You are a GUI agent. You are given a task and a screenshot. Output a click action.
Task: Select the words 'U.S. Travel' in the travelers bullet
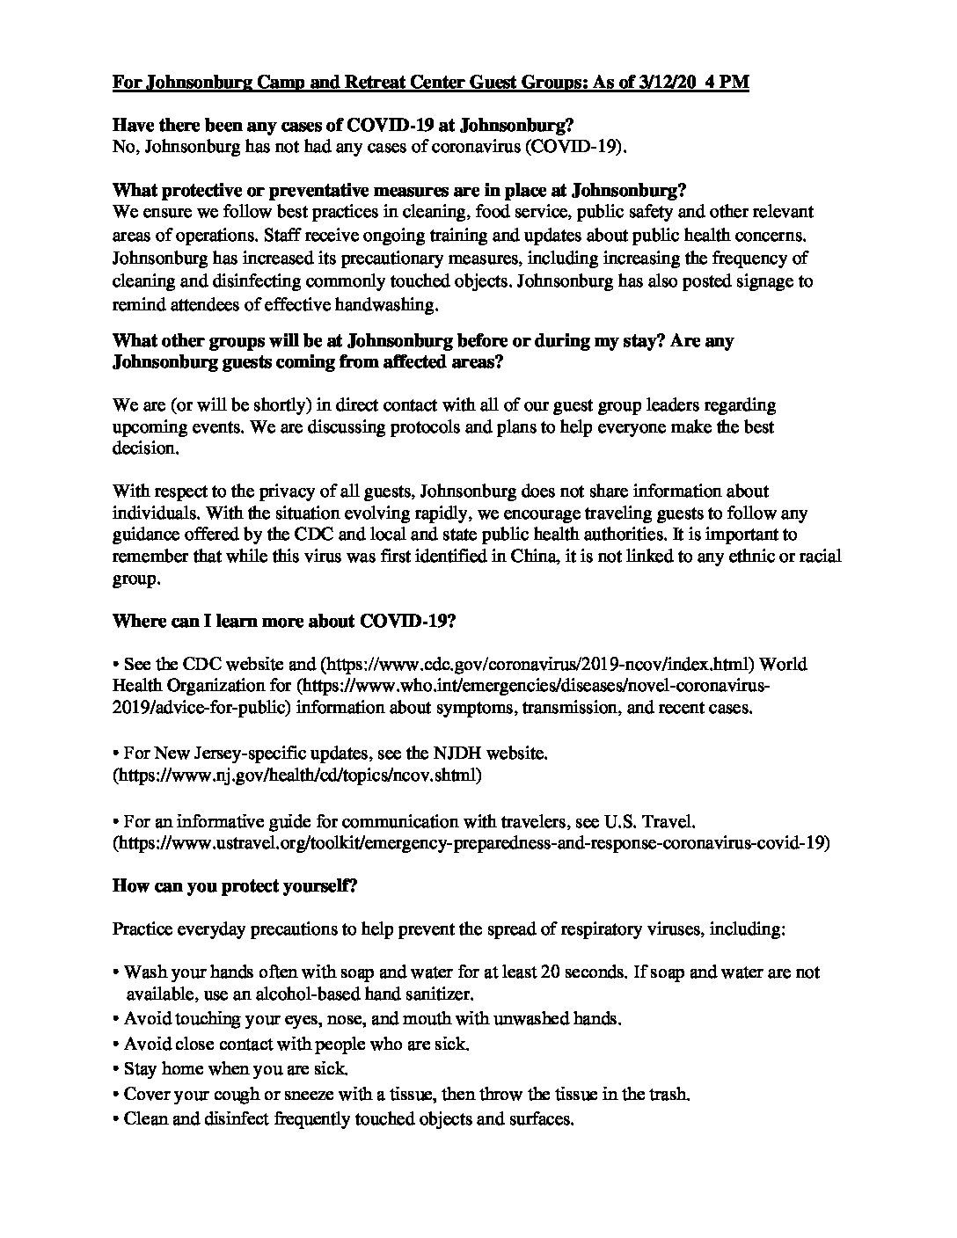[649, 821]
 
